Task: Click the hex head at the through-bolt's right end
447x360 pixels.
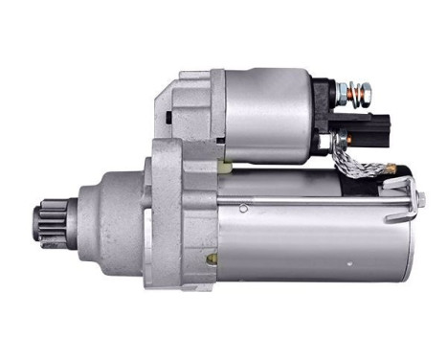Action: click(419, 200)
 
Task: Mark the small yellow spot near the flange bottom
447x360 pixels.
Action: click(213, 258)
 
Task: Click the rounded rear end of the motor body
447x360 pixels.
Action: click(410, 239)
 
